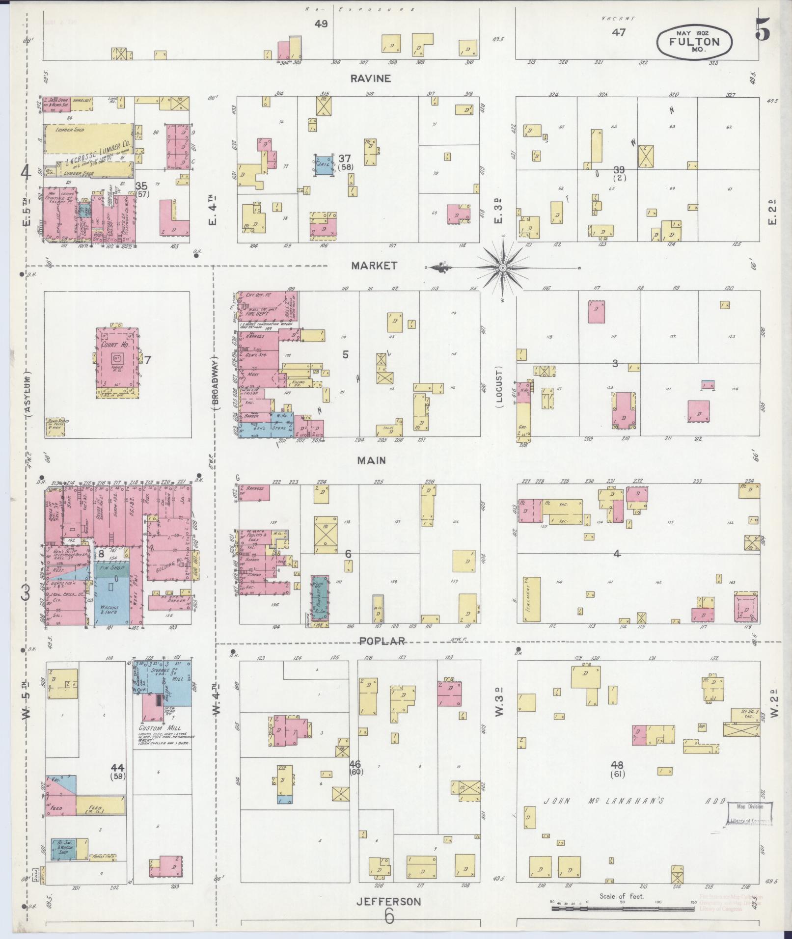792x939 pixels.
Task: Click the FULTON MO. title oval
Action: pyautogui.click(x=694, y=42)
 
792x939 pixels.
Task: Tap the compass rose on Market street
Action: pyautogui.click(x=503, y=268)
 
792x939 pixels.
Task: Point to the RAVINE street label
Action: pyautogui.click(x=371, y=79)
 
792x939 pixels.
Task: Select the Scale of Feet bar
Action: pyautogui.click(x=621, y=908)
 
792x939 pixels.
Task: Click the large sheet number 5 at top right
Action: pyautogui.click(x=763, y=31)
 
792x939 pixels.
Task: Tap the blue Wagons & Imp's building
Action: pyautogui.click(x=112, y=600)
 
